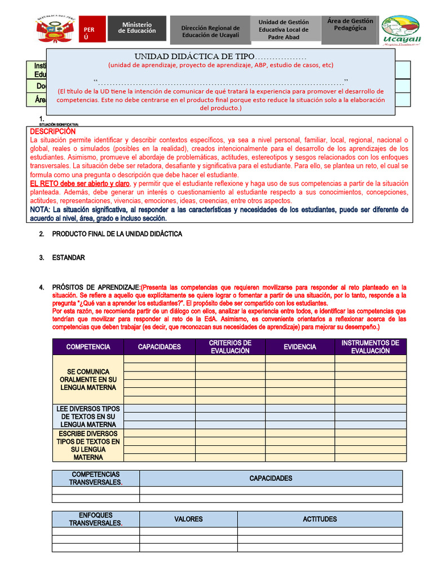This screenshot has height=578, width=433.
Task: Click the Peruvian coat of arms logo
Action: [56, 28]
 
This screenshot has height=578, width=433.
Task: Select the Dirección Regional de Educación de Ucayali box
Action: [210, 31]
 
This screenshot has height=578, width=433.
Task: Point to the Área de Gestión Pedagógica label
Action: [350, 24]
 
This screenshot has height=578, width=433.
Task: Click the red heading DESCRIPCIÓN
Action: [52, 131]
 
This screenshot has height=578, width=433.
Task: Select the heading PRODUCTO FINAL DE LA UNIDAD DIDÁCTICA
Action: [117, 234]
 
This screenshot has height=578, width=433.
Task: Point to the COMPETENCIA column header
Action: [87, 347]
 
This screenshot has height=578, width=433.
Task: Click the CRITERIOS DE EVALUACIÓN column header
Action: [230, 347]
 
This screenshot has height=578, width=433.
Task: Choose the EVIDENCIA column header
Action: [300, 347]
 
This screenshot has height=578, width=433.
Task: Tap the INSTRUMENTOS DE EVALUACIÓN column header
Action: [370, 347]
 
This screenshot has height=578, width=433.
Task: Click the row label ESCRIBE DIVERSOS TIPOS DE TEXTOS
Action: [87, 445]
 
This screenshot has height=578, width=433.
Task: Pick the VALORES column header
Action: [188, 519]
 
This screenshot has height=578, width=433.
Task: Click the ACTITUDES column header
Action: [320, 519]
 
